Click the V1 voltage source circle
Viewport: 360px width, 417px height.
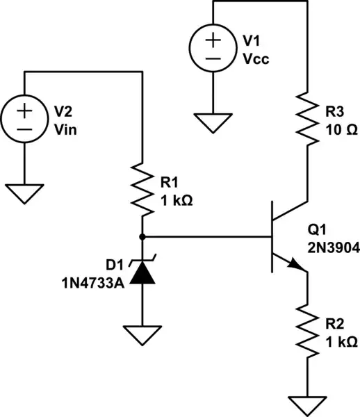(213, 52)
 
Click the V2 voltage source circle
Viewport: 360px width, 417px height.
(24, 120)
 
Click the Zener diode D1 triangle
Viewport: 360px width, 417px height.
(142, 272)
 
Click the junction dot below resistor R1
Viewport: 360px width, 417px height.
(142, 236)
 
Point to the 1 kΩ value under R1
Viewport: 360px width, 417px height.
(176, 199)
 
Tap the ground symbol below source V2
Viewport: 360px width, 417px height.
(24, 193)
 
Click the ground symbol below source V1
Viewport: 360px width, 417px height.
(213, 123)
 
